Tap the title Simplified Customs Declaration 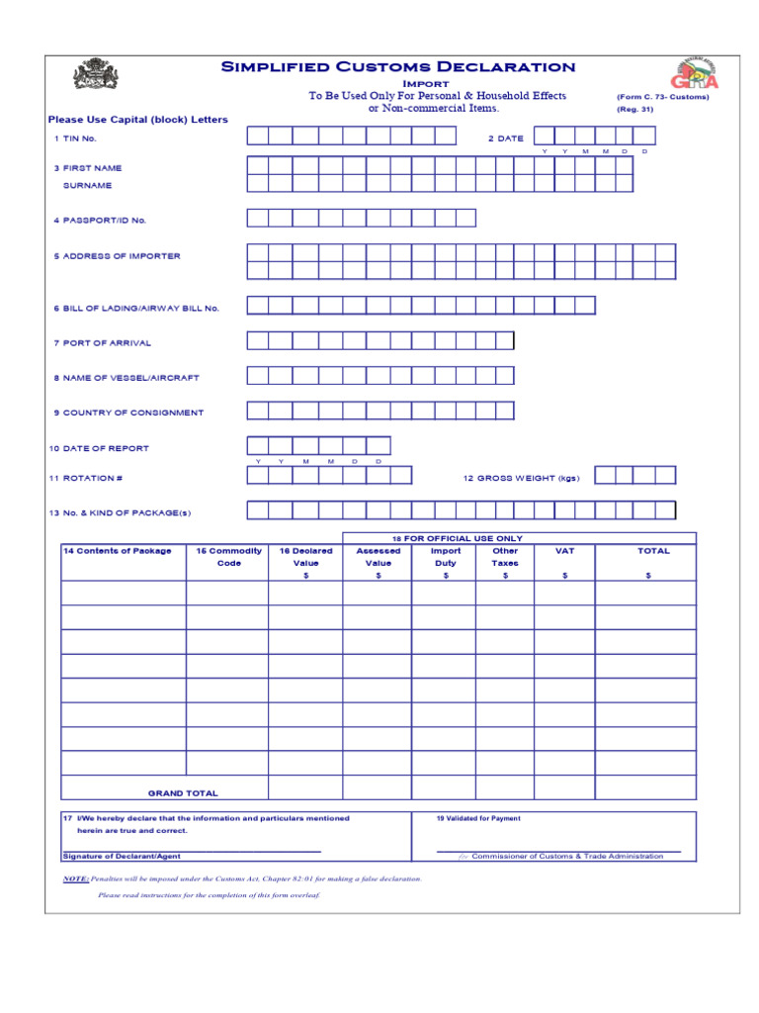pos(397,67)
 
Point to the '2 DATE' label pos(505,138)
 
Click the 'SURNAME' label pos(87,185)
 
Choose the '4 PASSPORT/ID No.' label pos(100,221)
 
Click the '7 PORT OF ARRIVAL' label pos(102,343)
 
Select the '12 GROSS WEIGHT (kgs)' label pos(521,478)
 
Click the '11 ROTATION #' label pos(86,478)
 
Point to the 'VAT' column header pos(564,551)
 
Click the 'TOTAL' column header pos(653,551)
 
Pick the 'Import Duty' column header pos(446,557)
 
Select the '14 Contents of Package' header pos(117,551)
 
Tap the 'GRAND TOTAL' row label pos(183,793)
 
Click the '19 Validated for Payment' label pos(478,818)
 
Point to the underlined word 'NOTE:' pos(75,878)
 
